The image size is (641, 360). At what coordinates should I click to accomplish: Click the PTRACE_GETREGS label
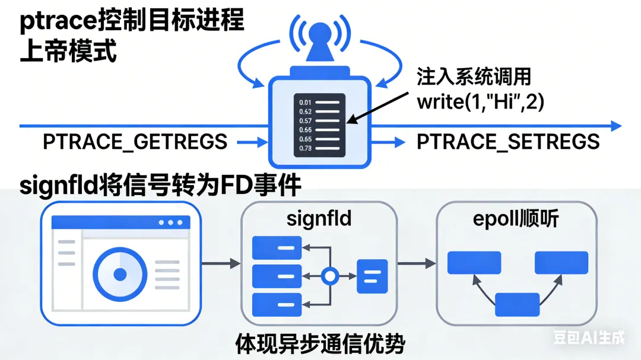pyautogui.click(x=135, y=142)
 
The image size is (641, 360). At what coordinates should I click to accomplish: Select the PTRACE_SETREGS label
pyautogui.click(x=508, y=142)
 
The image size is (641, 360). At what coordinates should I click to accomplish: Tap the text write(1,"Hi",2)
pyautogui.click(x=481, y=101)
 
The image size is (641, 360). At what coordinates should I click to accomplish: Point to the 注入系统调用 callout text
pyautogui.click(x=474, y=78)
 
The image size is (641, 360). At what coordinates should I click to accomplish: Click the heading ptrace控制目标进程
pyautogui.click(x=132, y=21)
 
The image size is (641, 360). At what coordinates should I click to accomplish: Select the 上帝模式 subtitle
pyautogui.click(x=68, y=52)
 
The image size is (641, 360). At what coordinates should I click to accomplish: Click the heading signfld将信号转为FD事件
pyautogui.click(x=160, y=186)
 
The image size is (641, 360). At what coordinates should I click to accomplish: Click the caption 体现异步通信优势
pyautogui.click(x=320, y=343)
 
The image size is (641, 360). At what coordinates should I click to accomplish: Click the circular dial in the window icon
pyautogui.click(x=120, y=274)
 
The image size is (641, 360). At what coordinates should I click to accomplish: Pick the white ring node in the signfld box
pyautogui.click(x=329, y=276)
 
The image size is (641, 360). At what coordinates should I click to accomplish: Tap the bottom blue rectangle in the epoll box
pyautogui.click(x=517, y=304)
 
